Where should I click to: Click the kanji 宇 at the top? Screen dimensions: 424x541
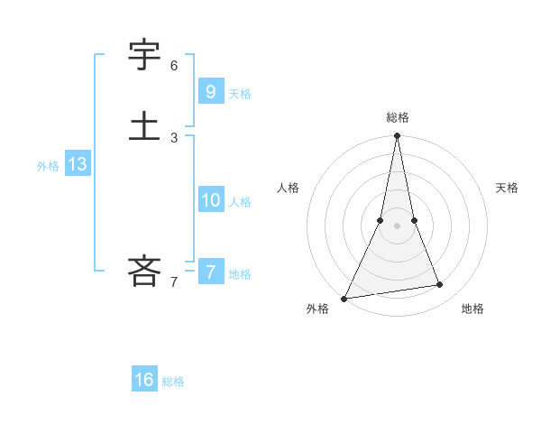pos(144,58)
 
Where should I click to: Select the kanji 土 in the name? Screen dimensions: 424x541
pos(144,126)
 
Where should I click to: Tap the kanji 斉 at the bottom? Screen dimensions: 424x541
pos(144,270)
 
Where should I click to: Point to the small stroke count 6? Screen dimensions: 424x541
pos(174,66)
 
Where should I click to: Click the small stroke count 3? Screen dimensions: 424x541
pos(174,138)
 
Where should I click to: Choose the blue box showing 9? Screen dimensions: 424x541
pos(210,91)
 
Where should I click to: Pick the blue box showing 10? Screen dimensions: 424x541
pos(210,200)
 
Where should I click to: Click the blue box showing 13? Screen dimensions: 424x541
pos(77,164)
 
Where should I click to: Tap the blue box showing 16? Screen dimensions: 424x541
pos(144,380)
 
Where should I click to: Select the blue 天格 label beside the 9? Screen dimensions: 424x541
pos(240,93)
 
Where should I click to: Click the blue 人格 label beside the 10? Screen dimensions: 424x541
pos(240,202)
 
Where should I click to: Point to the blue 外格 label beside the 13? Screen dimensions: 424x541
pos(48,166)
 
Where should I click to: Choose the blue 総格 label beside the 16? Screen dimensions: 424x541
pos(173,382)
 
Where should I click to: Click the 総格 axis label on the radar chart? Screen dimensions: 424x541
pos(398,117)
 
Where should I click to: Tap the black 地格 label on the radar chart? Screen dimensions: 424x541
pos(472,309)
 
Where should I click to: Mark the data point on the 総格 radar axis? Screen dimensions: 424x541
pos(397,136)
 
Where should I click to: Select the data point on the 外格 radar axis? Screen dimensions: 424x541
pos(344,298)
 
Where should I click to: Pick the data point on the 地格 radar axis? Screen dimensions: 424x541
pos(440,285)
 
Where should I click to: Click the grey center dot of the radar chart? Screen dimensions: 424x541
pos(397,226)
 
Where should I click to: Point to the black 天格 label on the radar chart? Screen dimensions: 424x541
pos(507,188)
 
